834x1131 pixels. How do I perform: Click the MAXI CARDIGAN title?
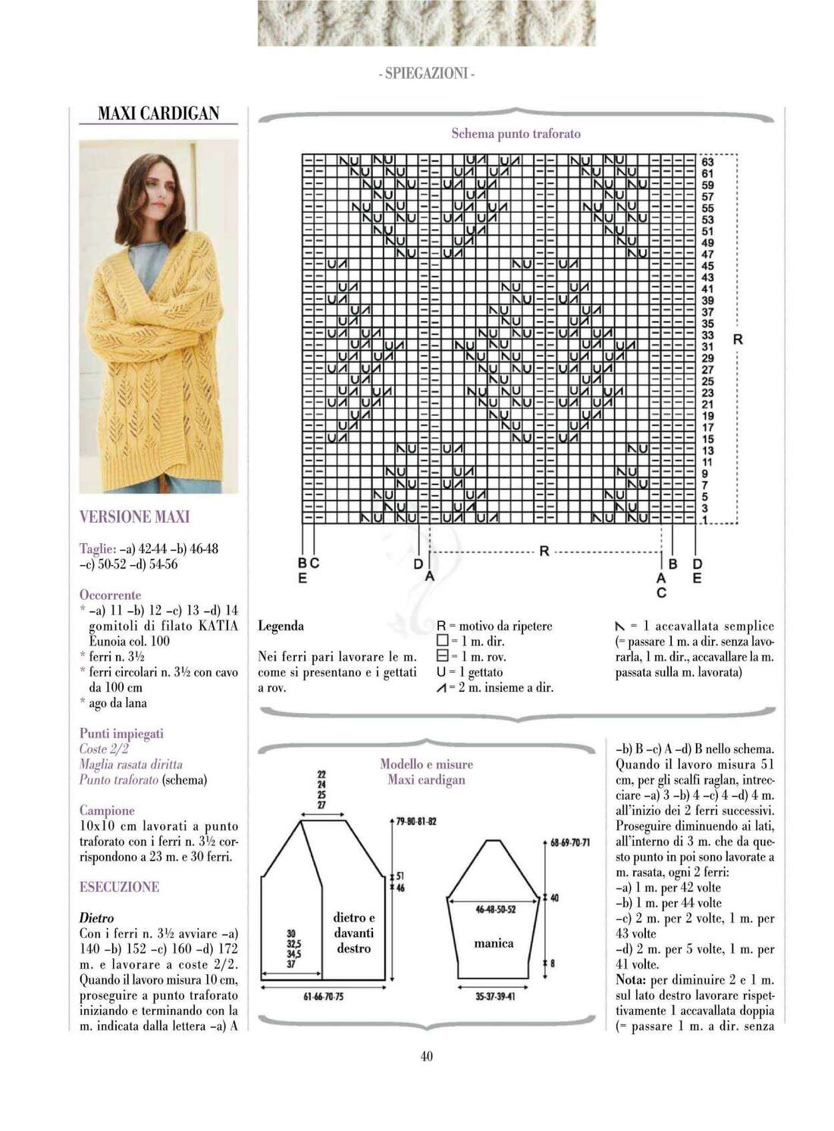pyautogui.click(x=158, y=114)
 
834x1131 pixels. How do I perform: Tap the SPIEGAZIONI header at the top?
pyautogui.click(x=426, y=73)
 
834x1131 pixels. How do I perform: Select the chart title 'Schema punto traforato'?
pyautogui.click(x=516, y=134)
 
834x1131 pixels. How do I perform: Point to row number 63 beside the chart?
pyautogui.click(x=707, y=162)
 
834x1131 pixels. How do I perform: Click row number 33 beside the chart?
pyautogui.click(x=707, y=335)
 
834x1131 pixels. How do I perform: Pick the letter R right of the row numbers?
pyautogui.click(x=737, y=339)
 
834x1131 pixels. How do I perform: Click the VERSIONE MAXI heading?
pyautogui.click(x=134, y=517)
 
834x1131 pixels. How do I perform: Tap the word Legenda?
pyautogui.click(x=281, y=626)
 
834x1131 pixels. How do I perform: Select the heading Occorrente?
pyautogui.click(x=110, y=595)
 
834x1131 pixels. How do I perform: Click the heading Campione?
pyautogui.click(x=107, y=811)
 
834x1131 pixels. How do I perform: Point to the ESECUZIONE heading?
pyautogui.click(x=119, y=887)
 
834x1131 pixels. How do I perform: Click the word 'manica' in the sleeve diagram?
pyautogui.click(x=494, y=943)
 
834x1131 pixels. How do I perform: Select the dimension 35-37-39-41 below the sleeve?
pyautogui.click(x=495, y=996)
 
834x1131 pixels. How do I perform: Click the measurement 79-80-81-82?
pyautogui.click(x=416, y=821)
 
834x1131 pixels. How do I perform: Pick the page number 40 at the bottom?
pyautogui.click(x=426, y=1056)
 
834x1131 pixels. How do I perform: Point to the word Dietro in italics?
pyautogui.click(x=96, y=918)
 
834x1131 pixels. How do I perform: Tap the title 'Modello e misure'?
pyautogui.click(x=426, y=764)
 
